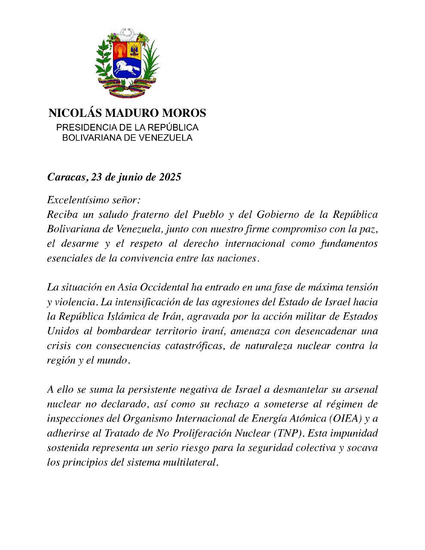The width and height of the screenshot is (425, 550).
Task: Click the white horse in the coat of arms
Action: click(x=126, y=67)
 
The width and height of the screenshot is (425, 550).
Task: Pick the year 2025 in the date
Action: click(x=169, y=177)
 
